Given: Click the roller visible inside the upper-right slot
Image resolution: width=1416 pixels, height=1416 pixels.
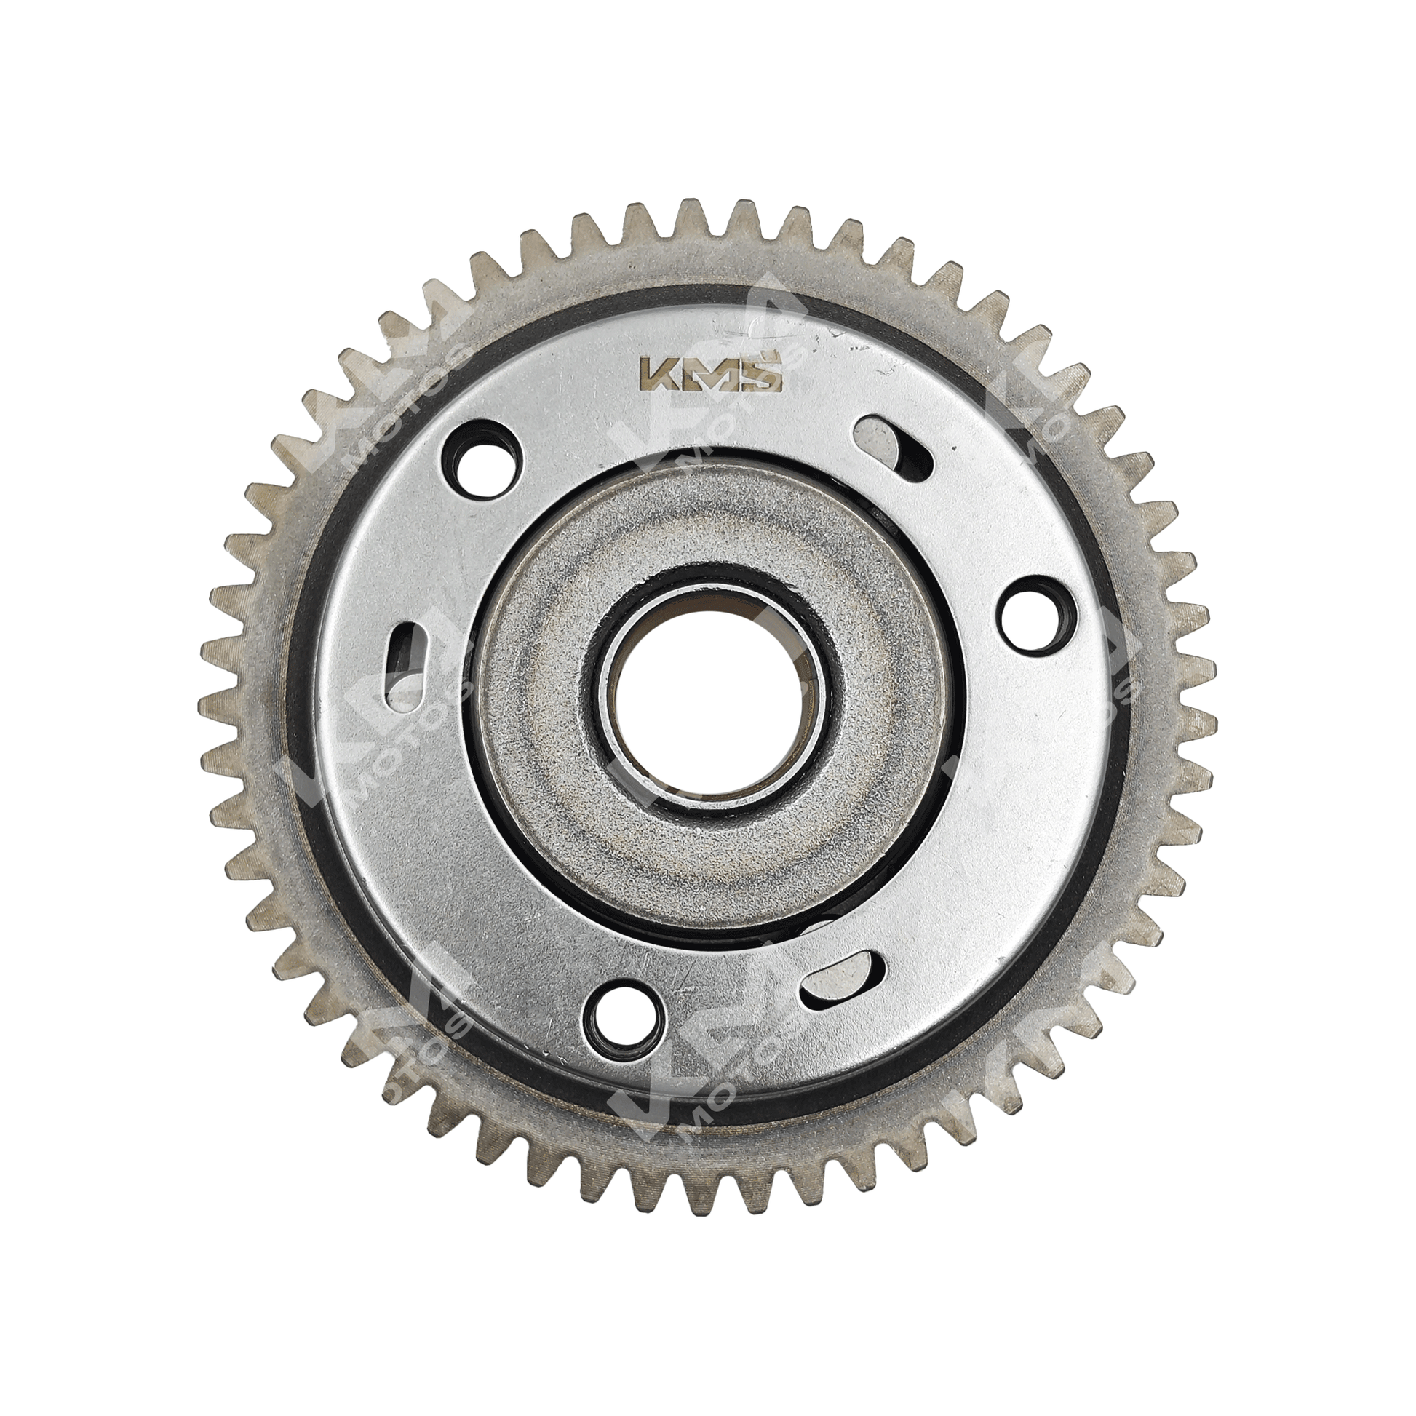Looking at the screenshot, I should point(876,439).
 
